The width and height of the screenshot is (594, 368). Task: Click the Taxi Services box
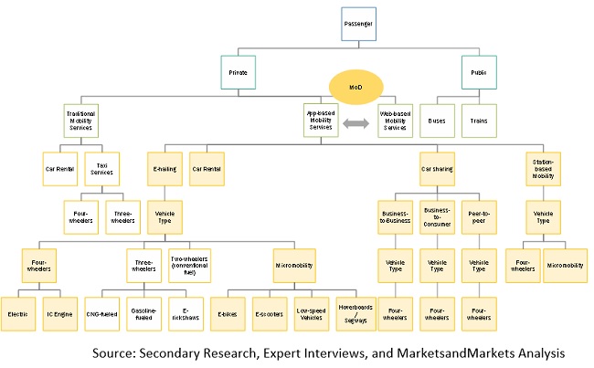101,169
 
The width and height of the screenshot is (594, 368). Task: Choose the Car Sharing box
437,169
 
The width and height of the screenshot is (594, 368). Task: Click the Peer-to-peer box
478,218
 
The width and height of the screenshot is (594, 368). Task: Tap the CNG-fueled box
102,312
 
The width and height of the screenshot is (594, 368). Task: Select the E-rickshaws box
186,312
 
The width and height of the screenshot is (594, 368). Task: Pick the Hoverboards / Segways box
354,312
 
